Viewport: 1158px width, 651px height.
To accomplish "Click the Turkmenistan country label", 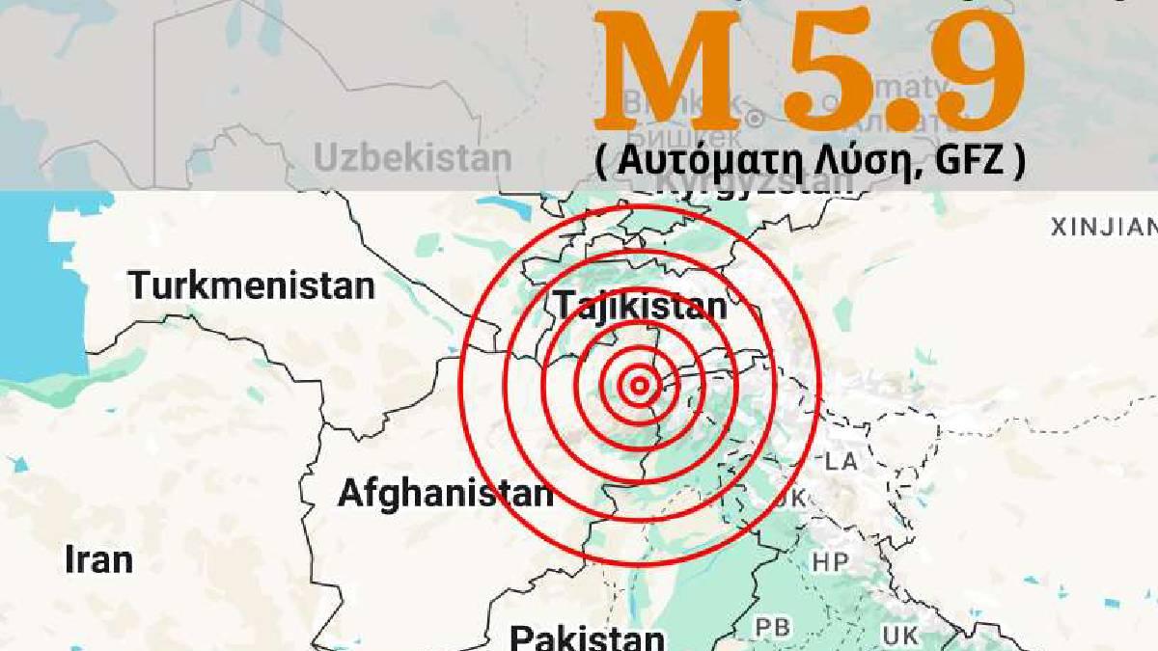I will (x=252, y=286).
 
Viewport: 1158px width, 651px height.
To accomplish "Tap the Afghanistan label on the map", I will (x=445, y=494).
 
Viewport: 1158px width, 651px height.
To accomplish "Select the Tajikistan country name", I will (x=641, y=307).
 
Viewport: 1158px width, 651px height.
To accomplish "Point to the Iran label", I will (x=98, y=559).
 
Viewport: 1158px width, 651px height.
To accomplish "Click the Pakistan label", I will (x=587, y=637).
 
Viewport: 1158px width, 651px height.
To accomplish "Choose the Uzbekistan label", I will (x=413, y=158).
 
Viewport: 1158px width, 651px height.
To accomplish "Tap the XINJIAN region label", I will (x=1103, y=228).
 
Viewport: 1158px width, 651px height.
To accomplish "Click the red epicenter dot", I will (x=638, y=387).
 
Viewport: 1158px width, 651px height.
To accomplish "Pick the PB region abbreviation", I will (x=773, y=628).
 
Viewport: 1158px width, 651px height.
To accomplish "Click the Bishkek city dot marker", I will (x=755, y=118).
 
